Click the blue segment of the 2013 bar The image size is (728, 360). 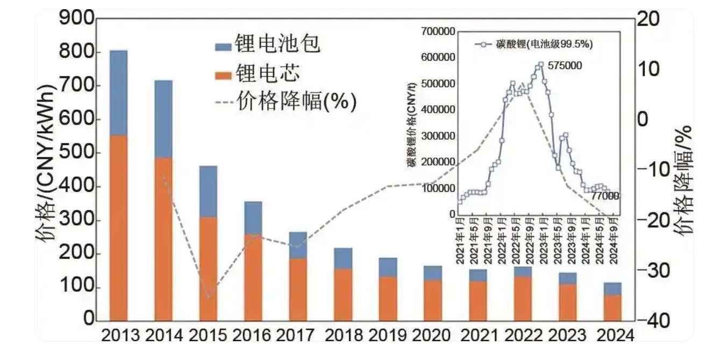pos(119,92)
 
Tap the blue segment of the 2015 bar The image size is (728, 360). pos(208,191)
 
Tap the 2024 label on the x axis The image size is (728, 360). pos(612,335)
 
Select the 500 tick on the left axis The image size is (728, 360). pos(74,154)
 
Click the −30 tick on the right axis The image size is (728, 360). pos(652,270)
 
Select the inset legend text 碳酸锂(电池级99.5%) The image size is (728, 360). pos(544,45)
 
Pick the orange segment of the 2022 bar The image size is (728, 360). pos(522,299)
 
